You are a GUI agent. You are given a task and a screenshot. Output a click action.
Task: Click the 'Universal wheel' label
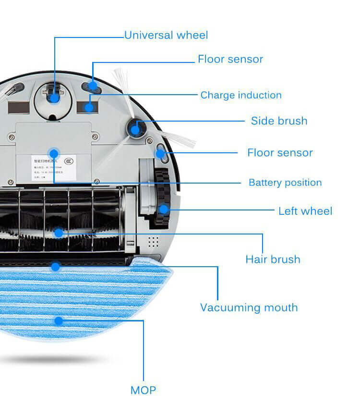pyautogui.click(x=166, y=35)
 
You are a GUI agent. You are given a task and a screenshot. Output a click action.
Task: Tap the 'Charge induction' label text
pyautogui.click(x=241, y=95)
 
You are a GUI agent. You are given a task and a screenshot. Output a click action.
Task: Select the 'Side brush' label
pyautogui.click(x=279, y=121)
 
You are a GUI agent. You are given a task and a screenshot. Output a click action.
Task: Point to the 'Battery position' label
pyautogui.click(x=285, y=183)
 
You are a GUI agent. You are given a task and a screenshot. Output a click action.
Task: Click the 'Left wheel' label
pyautogui.click(x=305, y=211)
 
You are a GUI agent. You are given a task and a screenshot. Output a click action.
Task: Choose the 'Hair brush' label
pyautogui.click(x=273, y=259)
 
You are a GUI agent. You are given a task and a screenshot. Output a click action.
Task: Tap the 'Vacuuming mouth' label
pyautogui.click(x=249, y=308)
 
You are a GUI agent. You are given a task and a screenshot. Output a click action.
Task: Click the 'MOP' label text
pyautogui.click(x=143, y=390)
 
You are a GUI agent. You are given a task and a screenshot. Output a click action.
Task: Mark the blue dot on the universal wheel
pyautogui.click(x=54, y=98)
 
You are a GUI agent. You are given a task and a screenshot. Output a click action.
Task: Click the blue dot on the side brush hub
pyautogui.click(x=135, y=129)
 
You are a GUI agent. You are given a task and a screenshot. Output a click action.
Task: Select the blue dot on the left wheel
pyautogui.click(x=164, y=209)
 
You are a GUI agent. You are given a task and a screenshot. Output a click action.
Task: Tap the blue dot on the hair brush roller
pyautogui.click(x=59, y=233)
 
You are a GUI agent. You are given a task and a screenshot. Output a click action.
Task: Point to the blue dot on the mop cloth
pyautogui.click(x=59, y=320)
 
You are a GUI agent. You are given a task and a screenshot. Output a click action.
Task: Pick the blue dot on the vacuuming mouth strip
pyautogui.click(x=56, y=266)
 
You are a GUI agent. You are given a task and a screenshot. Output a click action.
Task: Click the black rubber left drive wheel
pyautogui.click(x=160, y=197)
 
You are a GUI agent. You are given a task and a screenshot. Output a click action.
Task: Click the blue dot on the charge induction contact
pyautogui.click(x=89, y=107)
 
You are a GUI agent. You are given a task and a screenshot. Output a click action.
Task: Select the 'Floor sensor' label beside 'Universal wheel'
pyautogui.click(x=230, y=59)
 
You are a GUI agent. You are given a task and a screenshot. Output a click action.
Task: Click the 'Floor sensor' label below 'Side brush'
pyautogui.click(x=280, y=153)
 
